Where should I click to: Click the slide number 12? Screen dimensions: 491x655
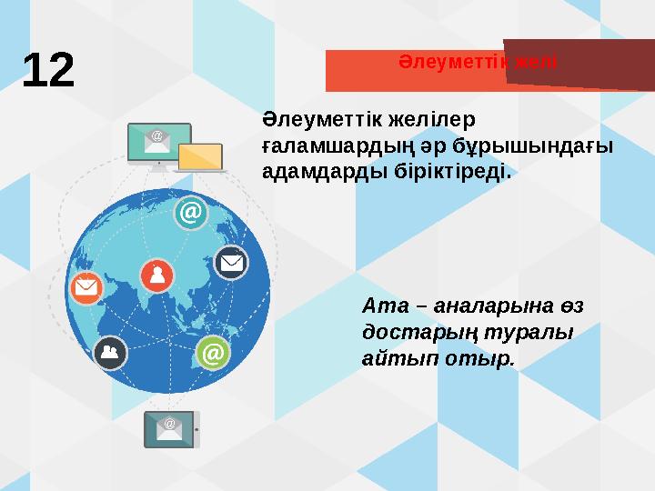48,70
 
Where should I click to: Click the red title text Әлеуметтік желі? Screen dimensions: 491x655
478,62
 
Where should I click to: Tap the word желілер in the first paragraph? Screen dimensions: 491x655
435,121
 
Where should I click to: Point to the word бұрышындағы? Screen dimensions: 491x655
537,146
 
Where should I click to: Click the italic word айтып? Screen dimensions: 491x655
397,359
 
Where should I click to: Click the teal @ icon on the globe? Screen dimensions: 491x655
189,214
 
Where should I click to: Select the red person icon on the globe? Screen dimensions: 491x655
156,276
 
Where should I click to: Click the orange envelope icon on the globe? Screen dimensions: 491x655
86,288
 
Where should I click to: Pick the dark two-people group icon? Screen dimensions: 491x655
109,352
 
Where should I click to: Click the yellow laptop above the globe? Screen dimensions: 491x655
201,158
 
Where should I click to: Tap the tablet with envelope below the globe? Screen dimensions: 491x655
170,428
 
